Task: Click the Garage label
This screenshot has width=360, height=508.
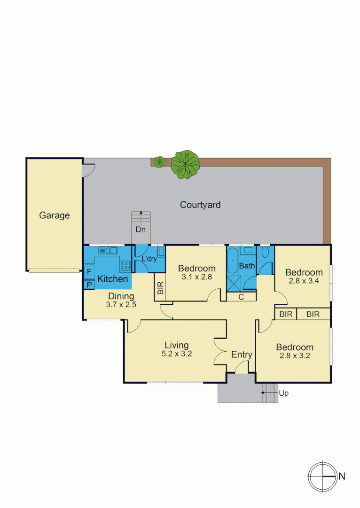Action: tap(54, 215)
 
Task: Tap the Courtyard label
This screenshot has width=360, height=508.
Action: tap(200, 205)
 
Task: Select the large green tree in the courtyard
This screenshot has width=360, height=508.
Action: tap(185, 164)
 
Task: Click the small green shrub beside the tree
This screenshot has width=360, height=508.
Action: tap(160, 162)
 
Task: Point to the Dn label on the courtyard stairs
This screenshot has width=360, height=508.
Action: tap(141, 230)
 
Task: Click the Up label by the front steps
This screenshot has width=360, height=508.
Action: tap(283, 393)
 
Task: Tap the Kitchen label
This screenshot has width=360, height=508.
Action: tap(112, 279)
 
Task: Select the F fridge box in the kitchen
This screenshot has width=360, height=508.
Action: tap(89, 272)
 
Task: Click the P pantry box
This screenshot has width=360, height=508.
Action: tap(89, 284)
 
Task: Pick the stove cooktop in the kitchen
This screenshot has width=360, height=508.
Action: tap(125, 265)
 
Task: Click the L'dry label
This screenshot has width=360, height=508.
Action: tap(149, 259)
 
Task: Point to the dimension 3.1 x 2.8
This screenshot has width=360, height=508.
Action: tap(197, 277)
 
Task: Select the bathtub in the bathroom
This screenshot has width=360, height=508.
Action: tap(233, 262)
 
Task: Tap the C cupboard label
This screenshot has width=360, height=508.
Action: tap(241, 297)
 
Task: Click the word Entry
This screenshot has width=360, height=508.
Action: tap(242, 355)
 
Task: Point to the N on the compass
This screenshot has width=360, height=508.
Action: tap(342, 476)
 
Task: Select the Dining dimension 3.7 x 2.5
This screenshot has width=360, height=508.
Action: tap(121, 305)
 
